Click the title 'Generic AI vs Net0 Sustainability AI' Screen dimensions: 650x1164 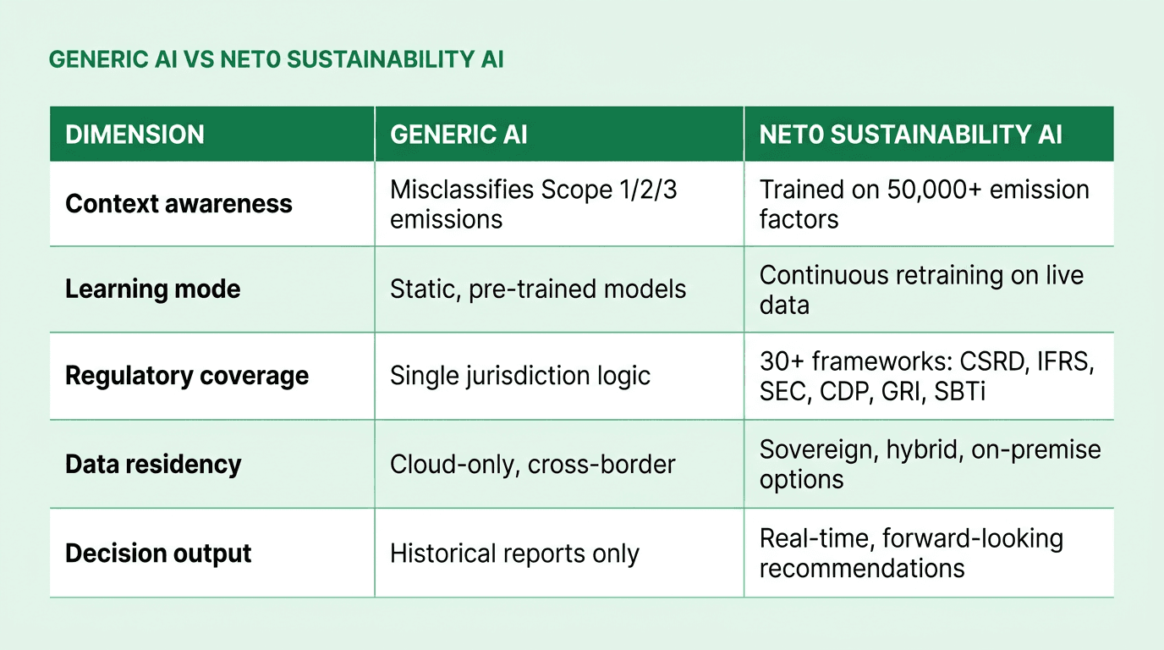(x=277, y=60)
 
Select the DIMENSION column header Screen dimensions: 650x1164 (x=135, y=135)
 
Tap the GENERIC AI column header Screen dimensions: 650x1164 (x=458, y=135)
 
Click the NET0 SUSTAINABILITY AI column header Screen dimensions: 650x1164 (x=911, y=135)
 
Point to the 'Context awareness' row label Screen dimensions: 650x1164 (x=178, y=204)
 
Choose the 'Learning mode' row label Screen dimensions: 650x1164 (x=153, y=289)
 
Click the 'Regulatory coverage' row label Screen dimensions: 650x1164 (x=187, y=376)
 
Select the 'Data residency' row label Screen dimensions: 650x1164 (x=153, y=464)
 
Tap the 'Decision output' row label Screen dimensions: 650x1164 (x=158, y=554)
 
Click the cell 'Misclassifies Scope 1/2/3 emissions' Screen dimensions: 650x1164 (x=533, y=204)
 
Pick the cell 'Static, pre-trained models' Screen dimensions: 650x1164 (x=538, y=289)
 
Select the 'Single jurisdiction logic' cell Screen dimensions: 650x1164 (x=520, y=376)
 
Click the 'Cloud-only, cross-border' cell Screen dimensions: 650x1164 (x=533, y=464)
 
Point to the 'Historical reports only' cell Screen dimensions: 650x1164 (x=514, y=554)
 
